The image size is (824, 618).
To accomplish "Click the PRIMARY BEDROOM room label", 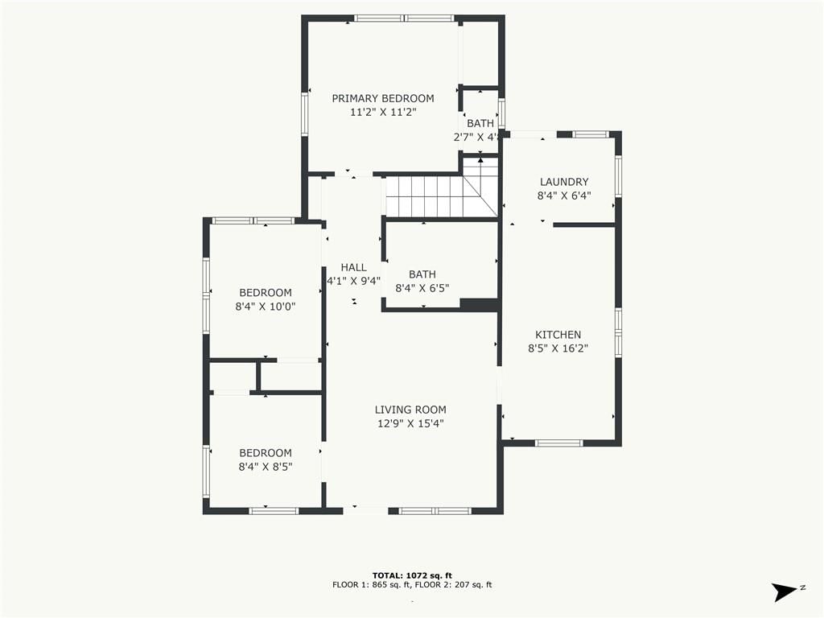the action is click(382, 98).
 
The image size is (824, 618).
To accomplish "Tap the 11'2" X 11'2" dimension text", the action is click(383, 112).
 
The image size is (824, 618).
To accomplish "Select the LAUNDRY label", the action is click(564, 182).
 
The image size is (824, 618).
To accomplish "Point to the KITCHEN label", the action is click(558, 335).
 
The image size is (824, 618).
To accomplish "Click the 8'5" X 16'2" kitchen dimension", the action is click(558, 348).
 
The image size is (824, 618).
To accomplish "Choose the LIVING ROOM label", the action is click(410, 410).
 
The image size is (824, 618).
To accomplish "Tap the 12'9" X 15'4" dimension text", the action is click(410, 423).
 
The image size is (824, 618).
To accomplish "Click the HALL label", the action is click(354, 267).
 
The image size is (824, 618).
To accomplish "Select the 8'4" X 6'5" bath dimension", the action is click(422, 288).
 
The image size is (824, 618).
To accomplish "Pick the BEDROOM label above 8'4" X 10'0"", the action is click(266, 293).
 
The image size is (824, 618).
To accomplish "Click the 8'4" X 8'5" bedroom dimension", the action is click(266, 467).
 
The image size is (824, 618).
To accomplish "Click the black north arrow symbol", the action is click(785, 591).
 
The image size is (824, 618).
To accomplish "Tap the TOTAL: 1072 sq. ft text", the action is click(412, 576).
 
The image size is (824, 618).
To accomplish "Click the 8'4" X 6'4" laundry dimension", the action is click(564, 196).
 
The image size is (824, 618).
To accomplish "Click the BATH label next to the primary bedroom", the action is click(480, 123).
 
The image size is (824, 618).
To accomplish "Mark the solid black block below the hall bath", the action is click(479, 305).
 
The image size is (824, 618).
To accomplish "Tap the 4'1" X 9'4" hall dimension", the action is click(354, 281).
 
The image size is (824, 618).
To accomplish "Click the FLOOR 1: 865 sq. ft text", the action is click(371, 585).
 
